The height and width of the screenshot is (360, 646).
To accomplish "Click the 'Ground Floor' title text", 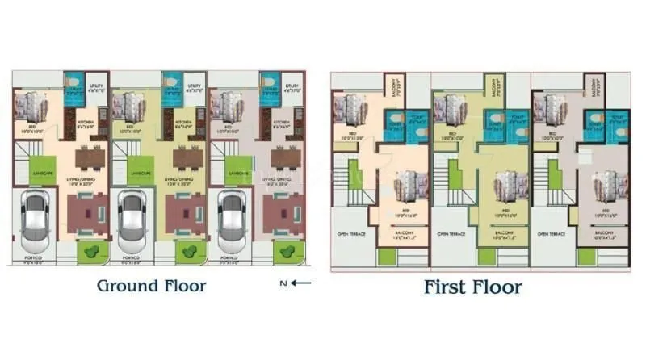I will [151, 286].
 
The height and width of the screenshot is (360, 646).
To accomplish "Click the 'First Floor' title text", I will [473, 287].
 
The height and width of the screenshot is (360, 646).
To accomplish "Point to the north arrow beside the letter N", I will [301, 283].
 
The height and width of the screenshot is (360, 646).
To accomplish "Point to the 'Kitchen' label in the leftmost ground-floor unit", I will [86, 123].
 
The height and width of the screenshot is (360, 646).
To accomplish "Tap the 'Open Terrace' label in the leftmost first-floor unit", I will [350, 234].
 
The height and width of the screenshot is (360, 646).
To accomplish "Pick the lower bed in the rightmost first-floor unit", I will [609, 187].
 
